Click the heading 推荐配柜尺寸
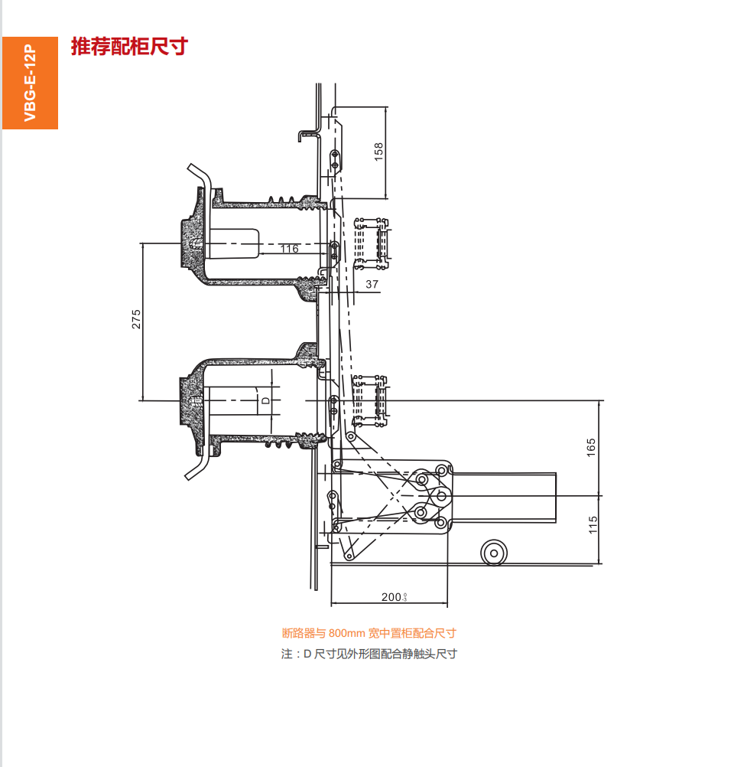pyautogui.click(x=128, y=47)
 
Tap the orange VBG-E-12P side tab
pyautogui.click(x=30, y=83)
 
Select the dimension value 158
pyautogui.click(x=378, y=152)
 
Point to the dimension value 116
pyautogui.click(x=289, y=249)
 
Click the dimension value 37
pyautogui.click(x=372, y=285)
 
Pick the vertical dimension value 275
pyautogui.click(x=136, y=319)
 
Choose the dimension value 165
pyautogui.click(x=591, y=447)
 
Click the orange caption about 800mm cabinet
pyautogui.click(x=369, y=633)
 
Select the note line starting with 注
pyautogui.click(x=369, y=654)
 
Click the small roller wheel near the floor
pyautogui.click(x=494, y=552)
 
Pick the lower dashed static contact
pyautogui.click(x=371, y=400)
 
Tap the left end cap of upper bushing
pyautogui.click(x=188, y=244)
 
